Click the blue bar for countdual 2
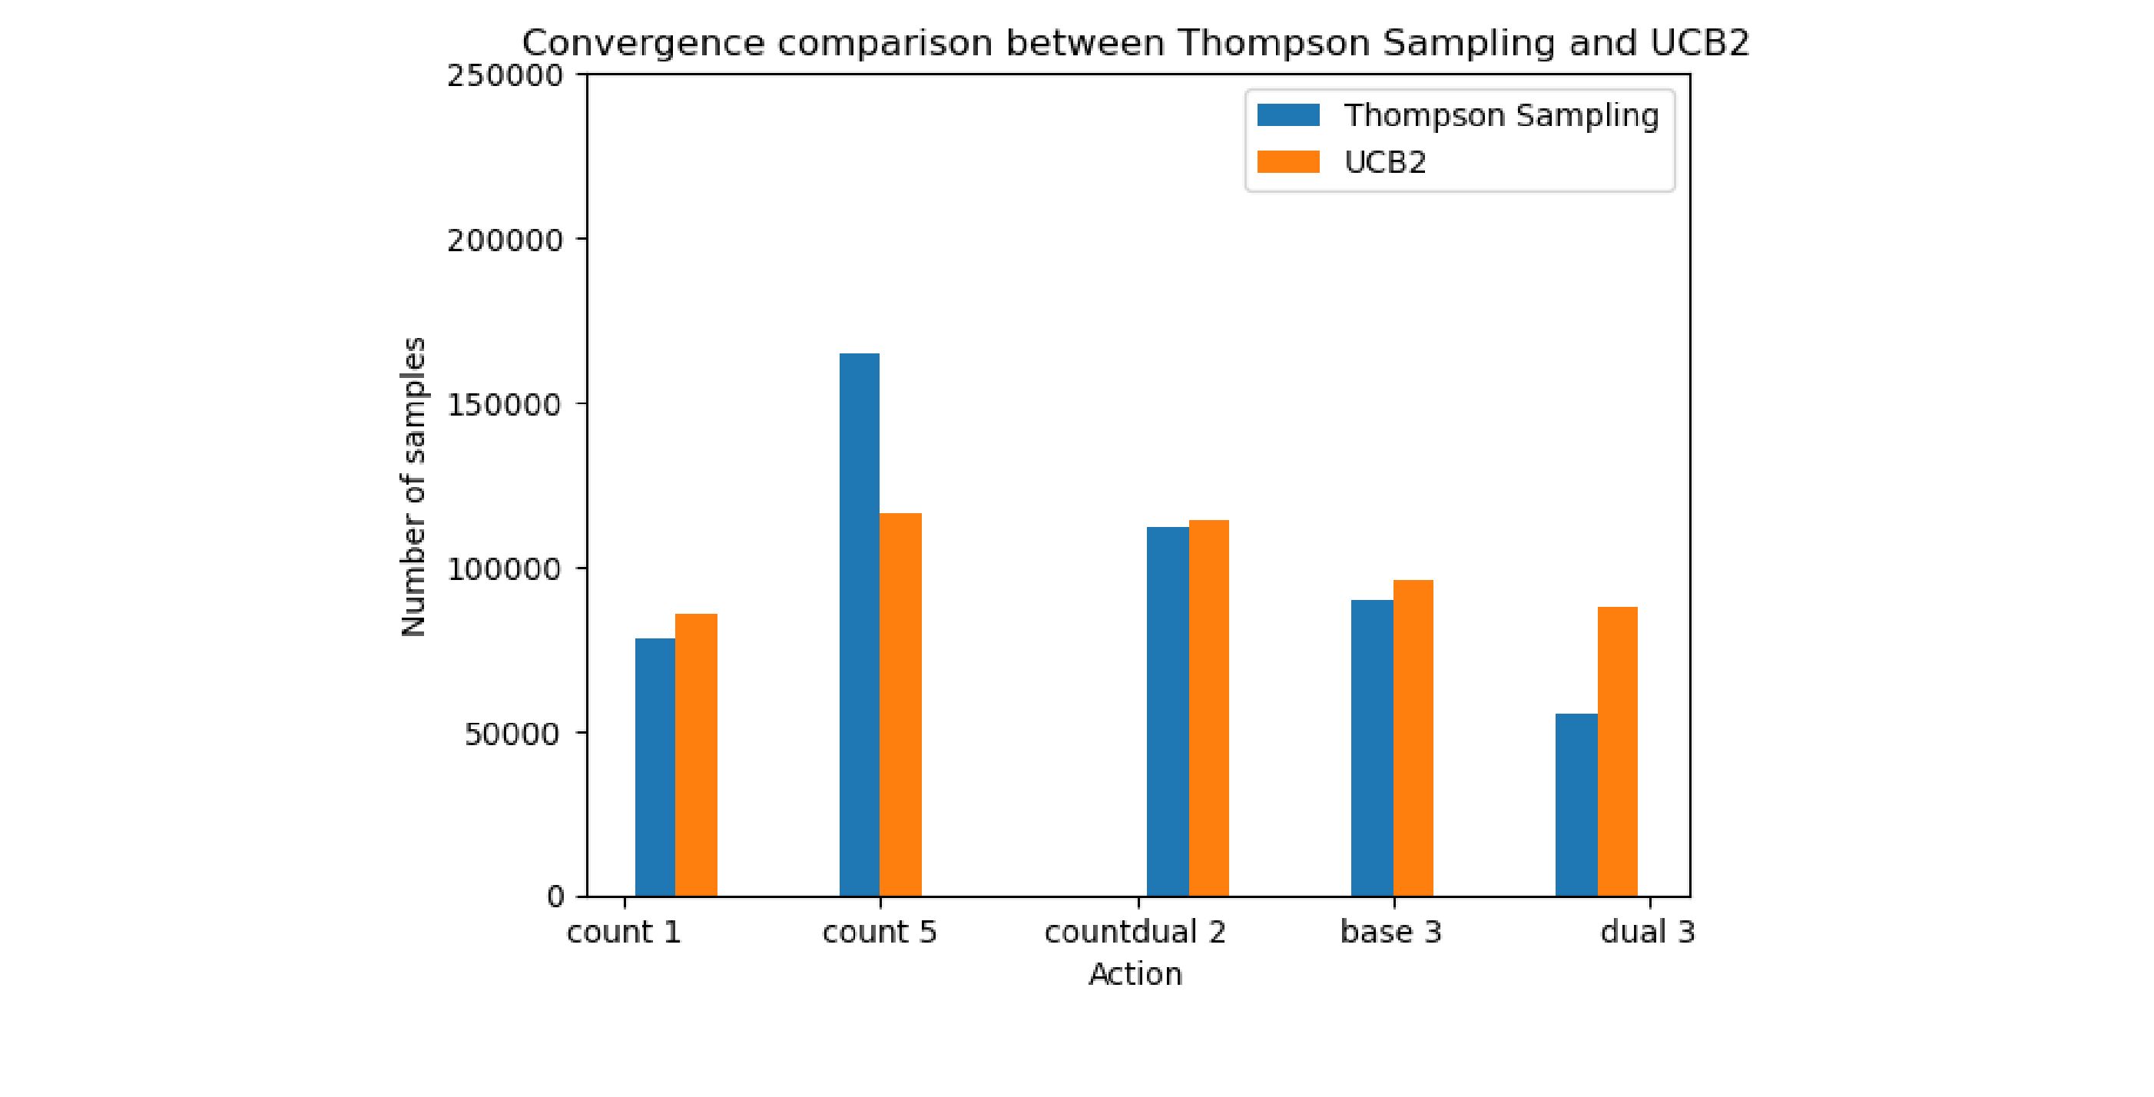[x=1168, y=711]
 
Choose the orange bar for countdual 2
[x=1208, y=708]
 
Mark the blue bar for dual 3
[x=1576, y=804]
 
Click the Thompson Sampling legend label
[x=1501, y=115]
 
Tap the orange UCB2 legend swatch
[x=1287, y=161]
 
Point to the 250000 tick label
[x=505, y=76]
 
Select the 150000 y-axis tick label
[x=505, y=405]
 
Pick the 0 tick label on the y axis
[x=555, y=897]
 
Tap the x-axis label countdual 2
[x=1135, y=931]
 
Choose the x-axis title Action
[x=1135, y=974]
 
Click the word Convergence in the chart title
[x=643, y=43]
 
